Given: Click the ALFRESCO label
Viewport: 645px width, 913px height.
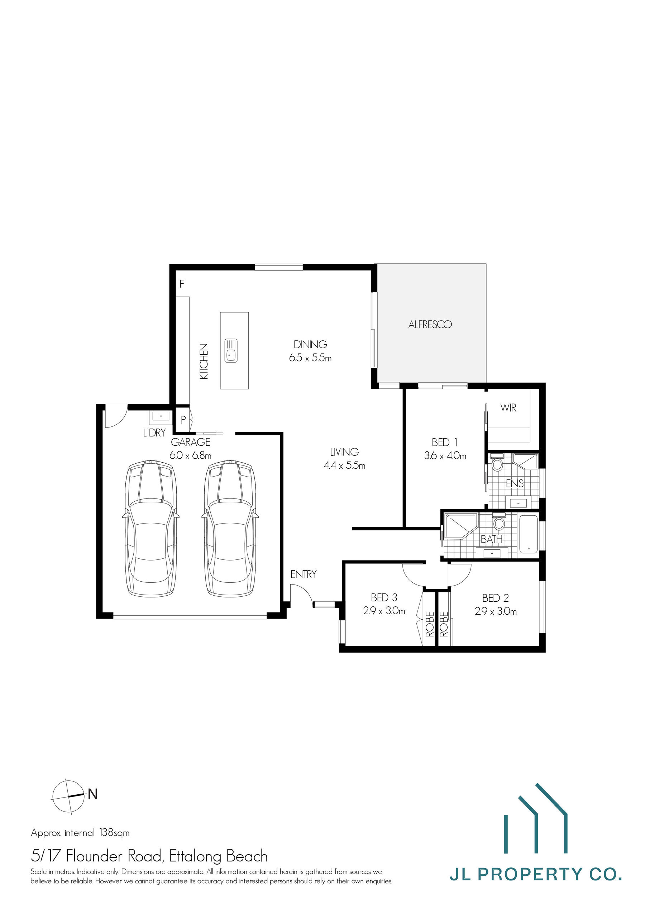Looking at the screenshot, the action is [x=430, y=325].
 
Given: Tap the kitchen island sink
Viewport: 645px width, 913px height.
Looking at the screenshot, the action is [x=231, y=350].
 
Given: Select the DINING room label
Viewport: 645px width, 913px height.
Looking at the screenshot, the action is [x=310, y=344].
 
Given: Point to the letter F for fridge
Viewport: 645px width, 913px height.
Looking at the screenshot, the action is [x=182, y=284].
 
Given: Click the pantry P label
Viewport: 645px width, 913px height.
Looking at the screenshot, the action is [x=183, y=420].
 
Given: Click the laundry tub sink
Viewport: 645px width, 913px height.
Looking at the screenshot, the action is [x=161, y=416].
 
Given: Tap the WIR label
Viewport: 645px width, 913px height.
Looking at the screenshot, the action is [x=508, y=408].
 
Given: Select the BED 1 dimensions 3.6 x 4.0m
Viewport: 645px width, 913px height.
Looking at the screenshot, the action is [x=445, y=456].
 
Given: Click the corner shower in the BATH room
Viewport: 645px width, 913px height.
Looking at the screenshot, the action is [x=460, y=526].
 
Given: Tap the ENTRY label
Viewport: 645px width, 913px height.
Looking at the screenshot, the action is [x=303, y=574].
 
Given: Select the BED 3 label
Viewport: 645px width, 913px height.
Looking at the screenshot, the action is [x=384, y=597].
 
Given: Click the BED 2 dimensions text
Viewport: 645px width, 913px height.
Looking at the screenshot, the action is [x=496, y=611].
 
